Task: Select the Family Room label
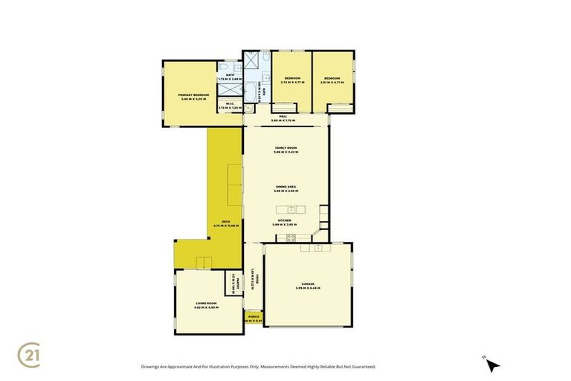(x=285, y=151)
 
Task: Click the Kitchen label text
(x=285, y=221)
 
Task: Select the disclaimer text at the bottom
(x=258, y=366)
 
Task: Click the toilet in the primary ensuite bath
(x=226, y=72)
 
